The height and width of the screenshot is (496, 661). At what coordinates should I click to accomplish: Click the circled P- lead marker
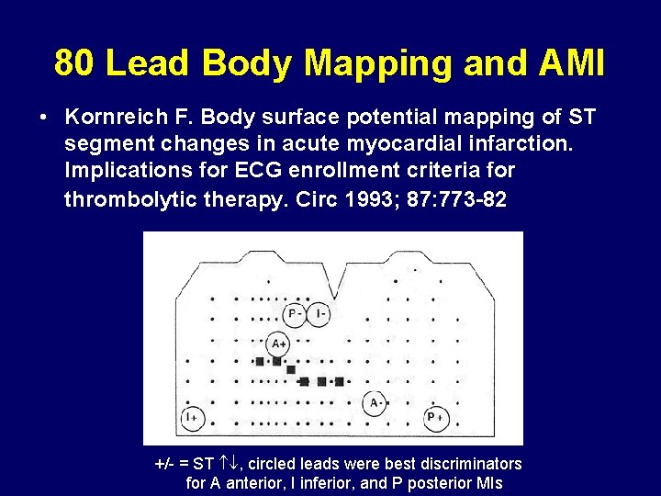[x=295, y=315]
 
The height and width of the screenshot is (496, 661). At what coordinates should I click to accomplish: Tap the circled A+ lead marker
[x=277, y=343]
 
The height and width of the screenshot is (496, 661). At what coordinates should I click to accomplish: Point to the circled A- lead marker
[x=375, y=403]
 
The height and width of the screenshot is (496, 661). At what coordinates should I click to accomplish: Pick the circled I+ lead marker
[x=193, y=418]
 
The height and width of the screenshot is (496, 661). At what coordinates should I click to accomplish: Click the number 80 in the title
[x=74, y=63]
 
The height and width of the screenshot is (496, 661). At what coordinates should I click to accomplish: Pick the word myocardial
[x=369, y=145]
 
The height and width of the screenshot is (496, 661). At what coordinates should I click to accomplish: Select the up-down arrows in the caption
[x=230, y=464]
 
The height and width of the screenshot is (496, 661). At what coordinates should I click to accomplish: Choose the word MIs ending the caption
[x=485, y=483]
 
